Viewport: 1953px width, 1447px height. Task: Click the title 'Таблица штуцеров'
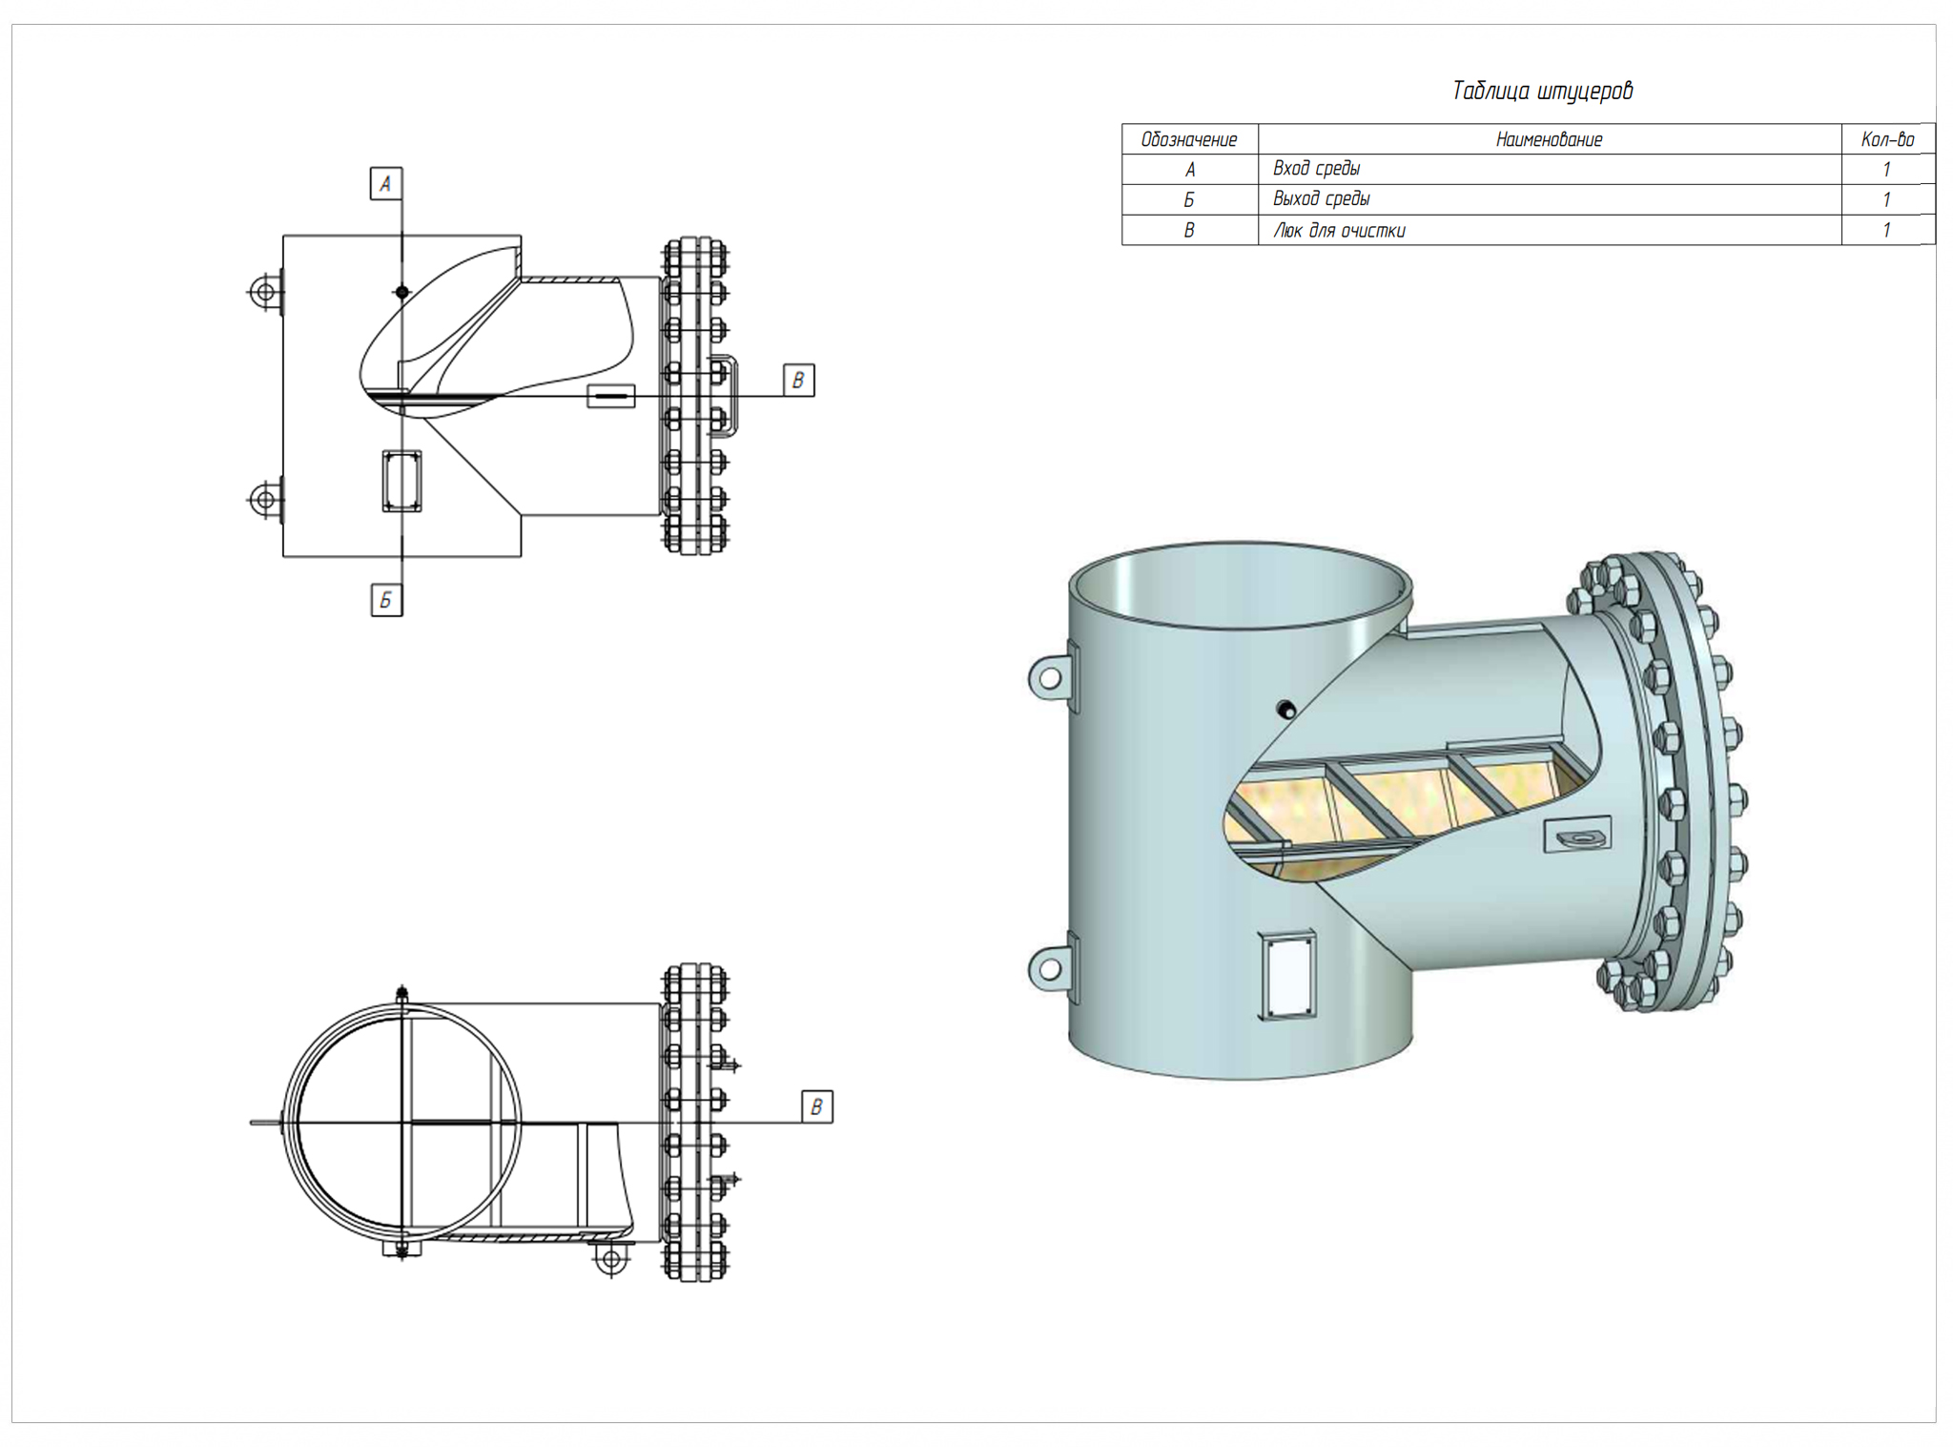click(x=1541, y=92)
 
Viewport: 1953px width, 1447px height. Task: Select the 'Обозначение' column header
click(x=1188, y=140)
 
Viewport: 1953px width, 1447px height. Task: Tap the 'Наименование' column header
click(x=1549, y=140)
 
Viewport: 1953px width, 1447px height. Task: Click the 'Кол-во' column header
click(x=1886, y=140)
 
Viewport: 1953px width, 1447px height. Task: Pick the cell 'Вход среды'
click(x=1316, y=170)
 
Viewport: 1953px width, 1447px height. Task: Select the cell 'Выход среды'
click(x=1321, y=199)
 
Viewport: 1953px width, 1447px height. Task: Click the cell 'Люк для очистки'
click(x=1339, y=231)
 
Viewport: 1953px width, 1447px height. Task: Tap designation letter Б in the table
click(x=1188, y=200)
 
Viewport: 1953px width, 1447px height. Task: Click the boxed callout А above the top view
click(x=385, y=184)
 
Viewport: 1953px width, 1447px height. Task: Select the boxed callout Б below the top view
click(x=386, y=601)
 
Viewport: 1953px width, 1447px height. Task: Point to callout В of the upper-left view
click(x=798, y=381)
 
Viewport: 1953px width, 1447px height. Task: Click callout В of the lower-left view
click(x=816, y=1106)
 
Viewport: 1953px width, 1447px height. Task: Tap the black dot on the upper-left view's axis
click(x=402, y=292)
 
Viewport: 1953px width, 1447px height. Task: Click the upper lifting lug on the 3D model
click(x=1049, y=678)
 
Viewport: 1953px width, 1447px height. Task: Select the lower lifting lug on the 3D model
click(x=1049, y=969)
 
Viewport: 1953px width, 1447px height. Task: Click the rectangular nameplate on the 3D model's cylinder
click(x=1289, y=975)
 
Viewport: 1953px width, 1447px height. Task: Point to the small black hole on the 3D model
click(x=1286, y=709)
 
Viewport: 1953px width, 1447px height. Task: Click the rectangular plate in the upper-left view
click(x=401, y=482)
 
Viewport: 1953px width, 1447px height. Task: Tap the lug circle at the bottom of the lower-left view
click(x=611, y=1260)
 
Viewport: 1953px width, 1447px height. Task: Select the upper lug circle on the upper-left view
click(x=264, y=291)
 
